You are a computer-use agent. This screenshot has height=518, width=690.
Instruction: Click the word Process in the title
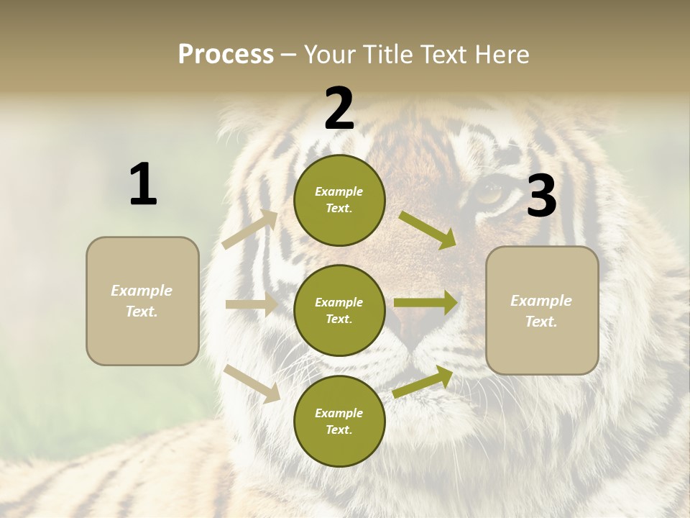click(226, 55)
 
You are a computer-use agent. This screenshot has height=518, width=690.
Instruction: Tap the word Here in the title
click(503, 55)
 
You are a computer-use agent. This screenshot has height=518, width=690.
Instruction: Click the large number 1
click(143, 185)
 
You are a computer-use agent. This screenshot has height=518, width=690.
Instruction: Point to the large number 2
click(339, 109)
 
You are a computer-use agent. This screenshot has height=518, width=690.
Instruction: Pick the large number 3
click(541, 196)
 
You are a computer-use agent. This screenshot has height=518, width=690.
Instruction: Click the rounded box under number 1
click(142, 301)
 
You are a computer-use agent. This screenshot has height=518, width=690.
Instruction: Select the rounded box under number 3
click(542, 311)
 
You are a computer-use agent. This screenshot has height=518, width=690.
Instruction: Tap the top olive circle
click(339, 200)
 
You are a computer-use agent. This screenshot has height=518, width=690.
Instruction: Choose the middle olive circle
click(339, 310)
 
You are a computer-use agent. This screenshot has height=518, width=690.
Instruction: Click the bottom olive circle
click(339, 421)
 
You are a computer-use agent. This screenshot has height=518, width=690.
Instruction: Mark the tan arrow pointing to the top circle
click(250, 230)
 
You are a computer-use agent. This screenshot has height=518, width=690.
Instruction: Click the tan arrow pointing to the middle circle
click(252, 304)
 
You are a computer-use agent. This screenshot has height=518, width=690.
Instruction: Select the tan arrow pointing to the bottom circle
click(252, 383)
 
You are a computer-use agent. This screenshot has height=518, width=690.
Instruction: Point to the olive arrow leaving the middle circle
click(425, 303)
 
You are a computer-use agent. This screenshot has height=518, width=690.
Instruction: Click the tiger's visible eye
click(492, 193)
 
